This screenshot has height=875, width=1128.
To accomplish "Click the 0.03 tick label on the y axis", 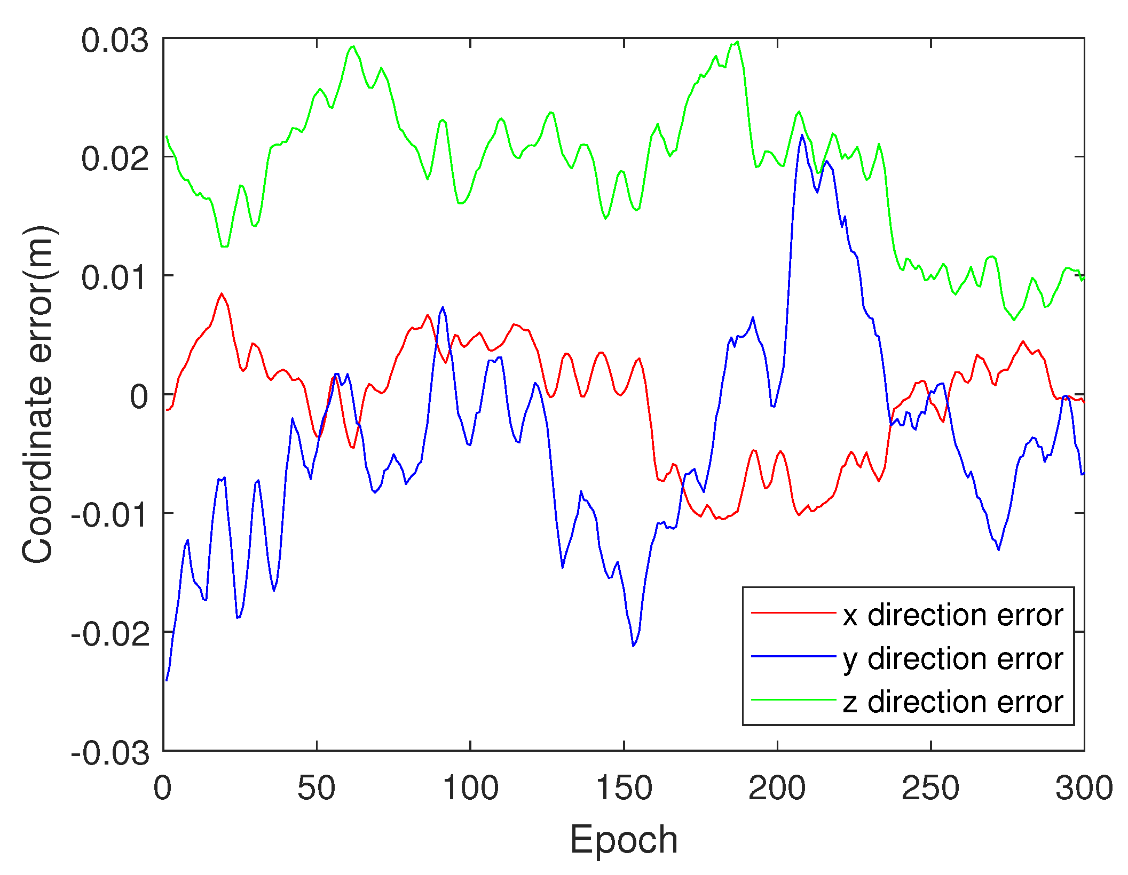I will (x=115, y=41).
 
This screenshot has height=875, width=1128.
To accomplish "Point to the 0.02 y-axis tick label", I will (x=115, y=160).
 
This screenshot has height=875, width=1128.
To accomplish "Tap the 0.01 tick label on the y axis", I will (x=115, y=279).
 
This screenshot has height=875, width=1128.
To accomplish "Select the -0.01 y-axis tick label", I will (x=110, y=516).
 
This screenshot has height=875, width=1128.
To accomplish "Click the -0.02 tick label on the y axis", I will (x=110, y=635).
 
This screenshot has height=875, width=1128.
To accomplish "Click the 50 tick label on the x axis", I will (x=317, y=788).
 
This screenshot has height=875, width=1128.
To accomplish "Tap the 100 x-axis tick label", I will (x=470, y=788).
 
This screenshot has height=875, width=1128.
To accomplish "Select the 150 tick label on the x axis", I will (x=624, y=788).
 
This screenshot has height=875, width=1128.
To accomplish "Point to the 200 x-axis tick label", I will (x=777, y=788).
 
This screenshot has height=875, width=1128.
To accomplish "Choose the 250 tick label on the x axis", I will (x=931, y=788).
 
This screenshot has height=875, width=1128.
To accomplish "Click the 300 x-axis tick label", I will (x=1084, y=788).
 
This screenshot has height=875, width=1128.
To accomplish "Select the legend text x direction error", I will (x=953, y=615).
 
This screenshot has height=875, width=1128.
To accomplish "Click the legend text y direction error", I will (x=953, y=659).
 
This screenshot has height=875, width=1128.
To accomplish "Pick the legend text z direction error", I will (x=953, y=702).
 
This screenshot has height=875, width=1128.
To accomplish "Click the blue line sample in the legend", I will (x=793, y=656).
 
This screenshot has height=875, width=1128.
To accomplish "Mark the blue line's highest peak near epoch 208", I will (x=802, y=135).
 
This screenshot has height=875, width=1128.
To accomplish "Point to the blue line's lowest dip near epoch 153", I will (x=634, y=646).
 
